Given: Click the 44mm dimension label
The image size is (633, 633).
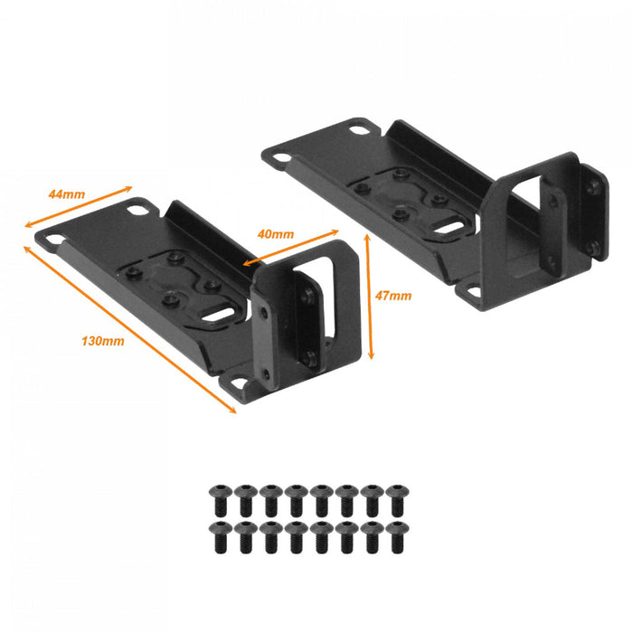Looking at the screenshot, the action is [x=67, y=194].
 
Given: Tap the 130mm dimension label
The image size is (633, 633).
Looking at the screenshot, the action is [x=103, y=341].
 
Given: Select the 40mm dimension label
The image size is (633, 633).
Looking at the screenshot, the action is [x=276, y=234].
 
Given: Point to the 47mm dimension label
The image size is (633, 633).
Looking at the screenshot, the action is [x=393, y=296].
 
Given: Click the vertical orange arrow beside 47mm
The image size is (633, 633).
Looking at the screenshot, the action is [x=369, y=297].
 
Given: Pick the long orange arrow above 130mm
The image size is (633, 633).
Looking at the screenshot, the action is [x=130, y=330].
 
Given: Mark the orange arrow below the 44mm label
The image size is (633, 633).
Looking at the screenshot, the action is [x=79, y=207].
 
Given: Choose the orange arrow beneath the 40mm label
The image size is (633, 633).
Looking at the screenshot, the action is [x=290, y=248].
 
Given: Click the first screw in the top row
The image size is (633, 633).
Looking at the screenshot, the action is [x=221, y=500].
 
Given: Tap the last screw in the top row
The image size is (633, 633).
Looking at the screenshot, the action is [x=397, y=500].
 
